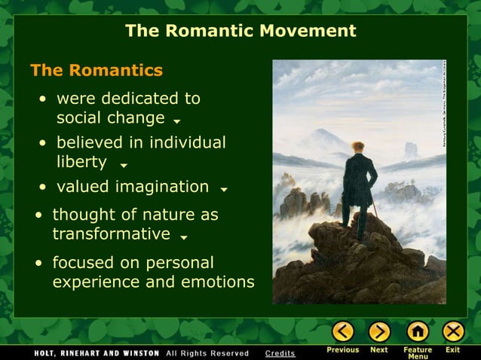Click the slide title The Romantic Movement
240,31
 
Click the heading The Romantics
96,71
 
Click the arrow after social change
176,121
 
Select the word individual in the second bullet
186,142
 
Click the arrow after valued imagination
224,189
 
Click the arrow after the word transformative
184,238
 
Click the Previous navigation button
343,331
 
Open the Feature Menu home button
417,331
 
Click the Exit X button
453,331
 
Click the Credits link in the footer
280,353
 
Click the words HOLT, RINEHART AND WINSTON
97,353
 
